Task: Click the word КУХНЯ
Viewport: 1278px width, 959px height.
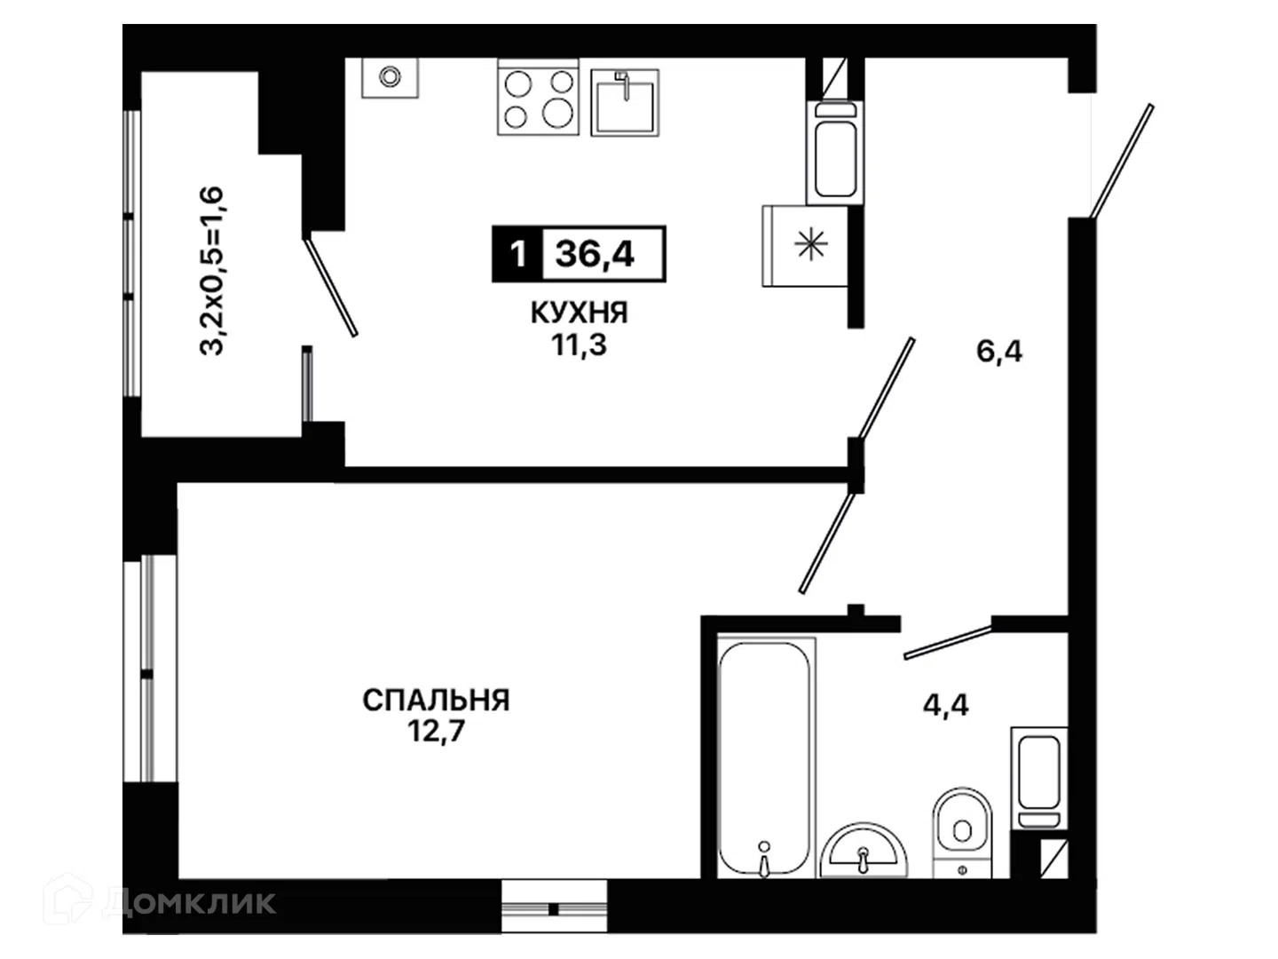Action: pyautogui.click(x=579, y=313)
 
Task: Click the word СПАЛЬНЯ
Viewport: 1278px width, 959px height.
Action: pyautogui.click(x=436, y=700)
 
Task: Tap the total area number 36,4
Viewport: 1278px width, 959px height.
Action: pyautogui.click(x=595, y=254)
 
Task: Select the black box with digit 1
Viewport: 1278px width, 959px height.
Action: pyautogui.click(x=517, y=254)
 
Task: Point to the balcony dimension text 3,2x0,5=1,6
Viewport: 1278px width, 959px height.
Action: pyautogui.click(x=211, y=271)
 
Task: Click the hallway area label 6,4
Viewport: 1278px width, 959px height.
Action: pyautogui.click(x=999, y=352)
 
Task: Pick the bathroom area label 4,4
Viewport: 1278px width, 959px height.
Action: pyautogui.click(x=945, y=705)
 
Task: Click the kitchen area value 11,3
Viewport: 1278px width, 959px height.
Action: pyautogui.click(x=580, y=345)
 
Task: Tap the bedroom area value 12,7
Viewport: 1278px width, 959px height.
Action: pyautogui.click(x=436, y=732)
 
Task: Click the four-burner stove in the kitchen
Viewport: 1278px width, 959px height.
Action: pyautogui.click(x=538, y=98)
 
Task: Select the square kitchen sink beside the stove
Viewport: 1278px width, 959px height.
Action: pyautogui.click(x=625, y=102)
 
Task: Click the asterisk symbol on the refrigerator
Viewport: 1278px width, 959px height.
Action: pyautogui.click(x=811, y=244)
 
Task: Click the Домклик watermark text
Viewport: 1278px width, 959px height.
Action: pyautogui.click(x=189, y=902)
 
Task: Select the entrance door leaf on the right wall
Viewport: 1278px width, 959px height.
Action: pyautogui.click(x=1122, y=162)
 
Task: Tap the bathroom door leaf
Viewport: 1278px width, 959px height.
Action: pyautogui.click(x=948, y=643)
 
